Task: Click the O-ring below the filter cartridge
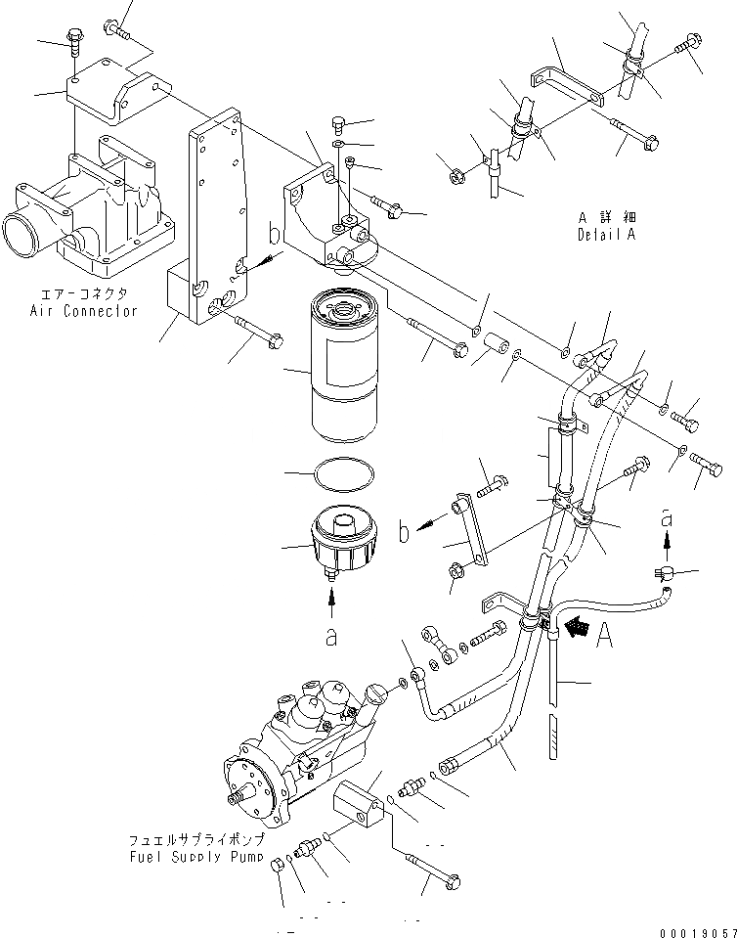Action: [343, 477]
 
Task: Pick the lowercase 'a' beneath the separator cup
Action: [331, 636]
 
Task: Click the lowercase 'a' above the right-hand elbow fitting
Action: [667, 520]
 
